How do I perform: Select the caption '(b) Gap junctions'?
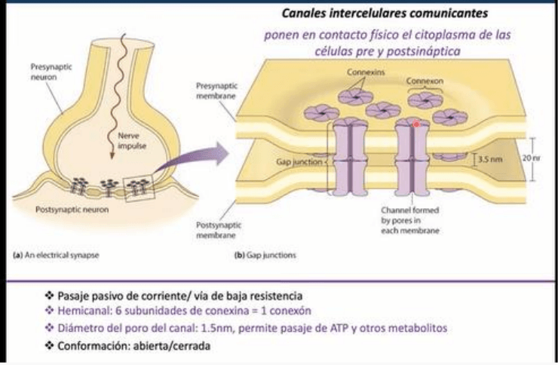click(265, 256)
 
